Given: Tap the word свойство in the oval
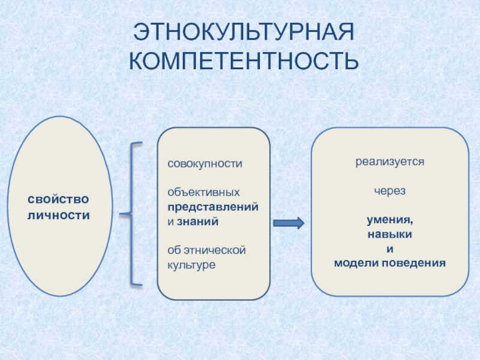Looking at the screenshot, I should click(x=59, y=199).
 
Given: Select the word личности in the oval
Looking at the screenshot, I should click(x=59, y=214).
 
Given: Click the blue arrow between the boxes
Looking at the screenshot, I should click(x=289, y=223).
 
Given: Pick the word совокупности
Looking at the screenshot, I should click(x=205, y=163).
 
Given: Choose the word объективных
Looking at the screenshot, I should click(x=203, y=193).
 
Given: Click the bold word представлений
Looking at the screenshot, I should click(x=213, y=206).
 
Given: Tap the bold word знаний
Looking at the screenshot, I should click(x=197, y=221).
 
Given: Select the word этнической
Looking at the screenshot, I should click(x=214, y=250).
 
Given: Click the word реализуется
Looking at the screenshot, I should click(x=389, y=162).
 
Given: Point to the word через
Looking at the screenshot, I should click(x=389, y=191).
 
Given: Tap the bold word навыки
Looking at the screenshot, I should click(x=389, y=234).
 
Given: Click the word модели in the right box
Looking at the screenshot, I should click(x=355, y=263).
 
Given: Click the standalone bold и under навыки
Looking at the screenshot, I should click(x=389, y=248).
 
